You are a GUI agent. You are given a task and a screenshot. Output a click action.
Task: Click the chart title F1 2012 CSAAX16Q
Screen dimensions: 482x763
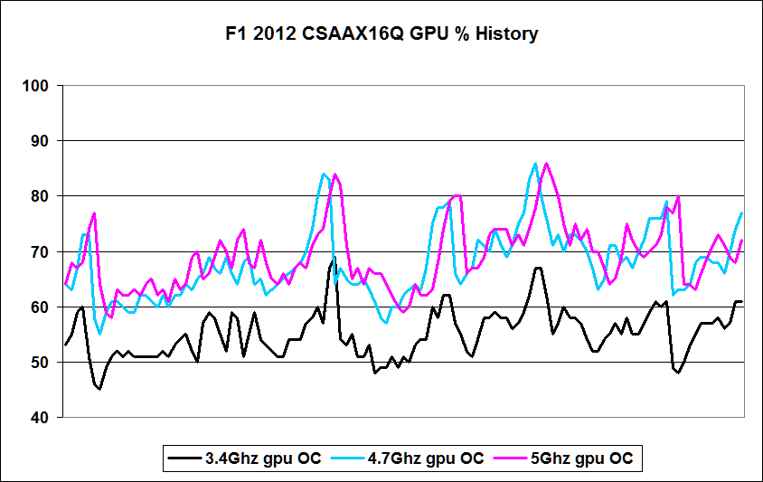[x=381, y=34]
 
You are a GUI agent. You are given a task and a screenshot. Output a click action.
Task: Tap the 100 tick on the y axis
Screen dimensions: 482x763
[x=37, y=86]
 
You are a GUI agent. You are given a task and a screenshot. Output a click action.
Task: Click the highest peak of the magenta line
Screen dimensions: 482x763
[x=547, y=164]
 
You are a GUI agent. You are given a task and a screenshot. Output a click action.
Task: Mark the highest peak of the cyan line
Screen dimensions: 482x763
[x=535, y=164]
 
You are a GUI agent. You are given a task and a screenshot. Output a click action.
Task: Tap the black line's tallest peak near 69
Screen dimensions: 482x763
[x=334, y=258]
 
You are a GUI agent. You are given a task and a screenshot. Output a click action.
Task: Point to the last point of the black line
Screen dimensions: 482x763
[x=741, y=301]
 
